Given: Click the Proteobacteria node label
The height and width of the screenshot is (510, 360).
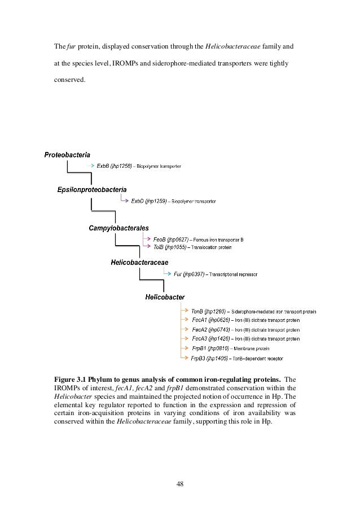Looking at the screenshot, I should click(67, 154).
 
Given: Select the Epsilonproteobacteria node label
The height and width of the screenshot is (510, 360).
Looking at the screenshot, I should click(92, 189).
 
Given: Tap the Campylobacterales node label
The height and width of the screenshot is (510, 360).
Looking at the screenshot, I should click(118, 228).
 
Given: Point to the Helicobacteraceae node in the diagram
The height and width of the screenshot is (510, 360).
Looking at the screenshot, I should click(139, 263).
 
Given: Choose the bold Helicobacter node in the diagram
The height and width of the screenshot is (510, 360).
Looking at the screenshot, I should click(165, 297).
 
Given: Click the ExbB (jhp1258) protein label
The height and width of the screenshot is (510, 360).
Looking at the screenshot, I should click(114, 166).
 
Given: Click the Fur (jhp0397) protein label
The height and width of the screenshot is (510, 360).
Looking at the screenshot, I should click(189, 274).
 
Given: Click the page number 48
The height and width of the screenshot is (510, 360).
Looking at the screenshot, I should click(180, 483).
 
